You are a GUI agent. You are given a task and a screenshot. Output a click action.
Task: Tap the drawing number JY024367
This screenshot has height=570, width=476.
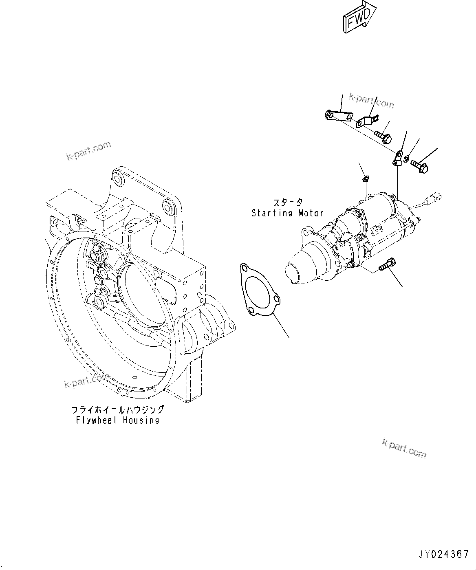coord(443,554)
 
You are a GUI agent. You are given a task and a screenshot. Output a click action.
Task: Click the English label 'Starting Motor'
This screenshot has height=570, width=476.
coord(287,213)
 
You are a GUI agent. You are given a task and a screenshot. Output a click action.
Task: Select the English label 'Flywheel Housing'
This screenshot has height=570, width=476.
coord(117,420)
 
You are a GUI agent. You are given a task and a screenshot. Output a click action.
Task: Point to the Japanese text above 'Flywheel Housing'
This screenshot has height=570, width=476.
coord(117,409)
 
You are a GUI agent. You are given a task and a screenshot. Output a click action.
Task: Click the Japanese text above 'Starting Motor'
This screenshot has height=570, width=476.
coord(288,202)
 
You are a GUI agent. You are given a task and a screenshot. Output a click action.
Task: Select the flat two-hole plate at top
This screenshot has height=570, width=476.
coord(338,116)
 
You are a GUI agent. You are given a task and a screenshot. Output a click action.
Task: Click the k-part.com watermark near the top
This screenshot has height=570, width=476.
coord(372,101)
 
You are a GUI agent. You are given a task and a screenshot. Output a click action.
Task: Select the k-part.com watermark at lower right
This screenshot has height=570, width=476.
coord(404,448)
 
